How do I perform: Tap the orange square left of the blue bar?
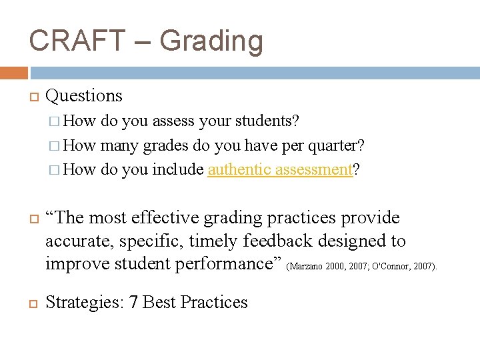[x=14, y=73]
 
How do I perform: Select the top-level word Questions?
[x=84, y=96]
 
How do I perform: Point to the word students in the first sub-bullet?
[x=267, y=121]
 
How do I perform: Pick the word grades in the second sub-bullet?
[x=166, y=145]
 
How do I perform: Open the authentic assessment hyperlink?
[x=280, y=170]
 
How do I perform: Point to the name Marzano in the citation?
[x=303, y=267]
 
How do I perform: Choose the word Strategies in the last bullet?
[x=83, y=302]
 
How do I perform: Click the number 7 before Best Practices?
[x=133, y=302]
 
